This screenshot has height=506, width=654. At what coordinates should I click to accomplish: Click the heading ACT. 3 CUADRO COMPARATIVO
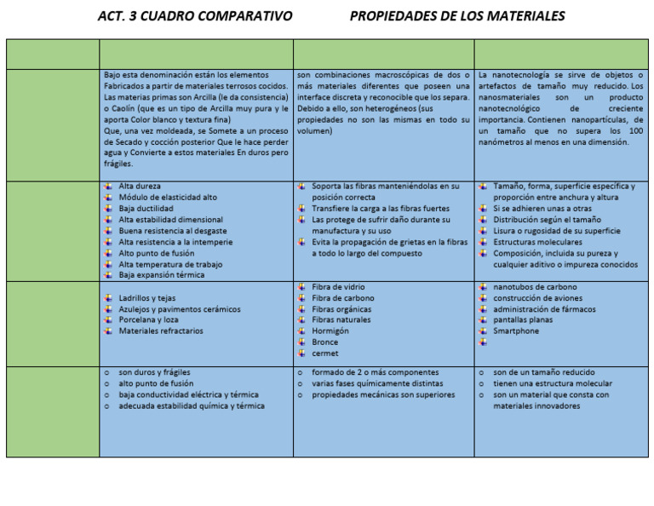point(195,16)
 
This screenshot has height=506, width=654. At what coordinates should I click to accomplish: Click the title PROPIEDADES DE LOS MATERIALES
point(457,16)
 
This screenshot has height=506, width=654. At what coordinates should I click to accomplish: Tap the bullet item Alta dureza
point(140,186)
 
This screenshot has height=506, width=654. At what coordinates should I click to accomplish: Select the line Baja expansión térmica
point(162,275)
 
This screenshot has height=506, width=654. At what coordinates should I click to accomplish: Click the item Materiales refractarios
point(161,331)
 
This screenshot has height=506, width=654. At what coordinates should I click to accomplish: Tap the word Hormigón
point(330,331)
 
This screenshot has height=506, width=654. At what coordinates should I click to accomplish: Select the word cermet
point(325,354)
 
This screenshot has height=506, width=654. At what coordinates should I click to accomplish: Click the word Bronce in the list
point(325,342)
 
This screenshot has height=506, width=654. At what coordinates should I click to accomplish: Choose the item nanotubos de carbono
point(535,287)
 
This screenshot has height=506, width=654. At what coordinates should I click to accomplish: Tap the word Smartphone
point(516,331)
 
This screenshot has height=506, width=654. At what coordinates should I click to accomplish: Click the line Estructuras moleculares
point(537,242)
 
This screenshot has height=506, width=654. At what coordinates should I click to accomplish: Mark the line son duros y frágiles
point(154,373)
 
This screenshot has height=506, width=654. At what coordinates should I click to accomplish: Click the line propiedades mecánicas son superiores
point(383,395)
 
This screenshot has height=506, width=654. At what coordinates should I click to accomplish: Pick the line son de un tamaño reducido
point(544,373)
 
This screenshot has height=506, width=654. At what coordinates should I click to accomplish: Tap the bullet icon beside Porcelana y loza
point(106,320)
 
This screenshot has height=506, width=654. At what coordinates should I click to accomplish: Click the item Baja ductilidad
point(146,209)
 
